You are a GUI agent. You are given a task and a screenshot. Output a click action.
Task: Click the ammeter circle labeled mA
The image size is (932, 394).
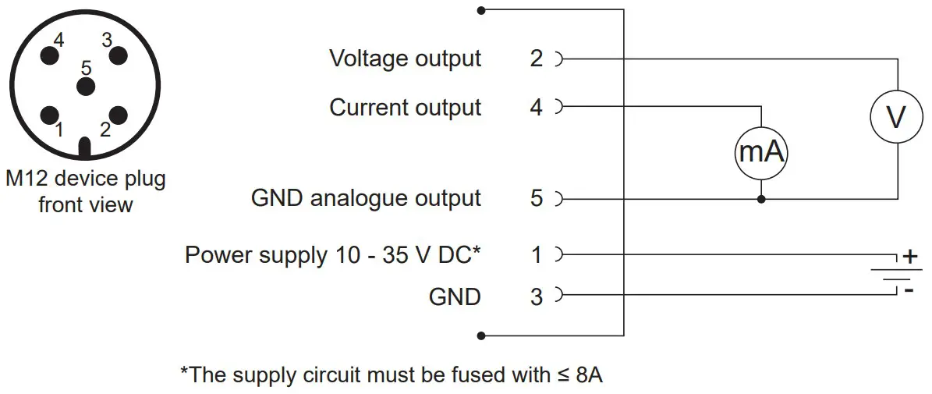point(761,152)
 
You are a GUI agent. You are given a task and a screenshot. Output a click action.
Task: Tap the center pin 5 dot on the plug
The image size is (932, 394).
point(85,85)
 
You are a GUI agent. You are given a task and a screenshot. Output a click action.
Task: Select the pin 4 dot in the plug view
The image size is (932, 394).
point(51,55)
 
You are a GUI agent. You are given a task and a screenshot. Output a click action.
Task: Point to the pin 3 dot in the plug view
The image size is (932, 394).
point(118,55)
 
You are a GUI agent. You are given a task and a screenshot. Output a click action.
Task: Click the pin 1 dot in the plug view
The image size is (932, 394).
point(51,115)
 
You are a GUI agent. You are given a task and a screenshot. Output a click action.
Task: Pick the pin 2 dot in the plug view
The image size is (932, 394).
point(118,115)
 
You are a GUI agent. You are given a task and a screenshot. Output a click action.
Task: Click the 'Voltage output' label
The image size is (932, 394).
point(405,59)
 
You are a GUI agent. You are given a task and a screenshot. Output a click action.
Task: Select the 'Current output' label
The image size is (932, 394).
point(405,107)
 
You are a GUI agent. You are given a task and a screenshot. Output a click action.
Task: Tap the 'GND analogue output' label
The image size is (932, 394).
point(366,198)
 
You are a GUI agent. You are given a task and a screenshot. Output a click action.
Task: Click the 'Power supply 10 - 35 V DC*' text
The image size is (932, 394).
point(333,254)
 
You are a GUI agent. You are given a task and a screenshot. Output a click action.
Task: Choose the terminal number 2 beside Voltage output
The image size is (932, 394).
point(536,59)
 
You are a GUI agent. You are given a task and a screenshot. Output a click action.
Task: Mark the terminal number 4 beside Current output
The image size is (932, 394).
point(536,107)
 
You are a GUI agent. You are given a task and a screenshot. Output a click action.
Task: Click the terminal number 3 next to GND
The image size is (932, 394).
point(536,296)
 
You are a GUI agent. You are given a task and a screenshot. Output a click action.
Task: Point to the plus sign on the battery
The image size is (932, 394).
point(909,257)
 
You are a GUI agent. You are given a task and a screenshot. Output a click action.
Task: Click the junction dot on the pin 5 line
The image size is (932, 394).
point(761,199)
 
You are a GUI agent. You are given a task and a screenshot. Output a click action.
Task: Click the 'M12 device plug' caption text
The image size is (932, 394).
point(86,179)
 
